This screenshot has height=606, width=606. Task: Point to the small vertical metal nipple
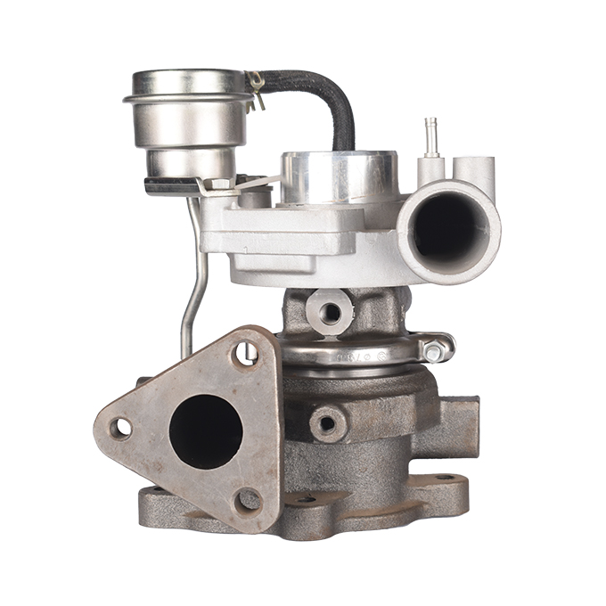pos(431,135)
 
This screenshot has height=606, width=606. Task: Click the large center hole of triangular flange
pos(206,430)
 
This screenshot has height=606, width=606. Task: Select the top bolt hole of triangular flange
pos(245,354)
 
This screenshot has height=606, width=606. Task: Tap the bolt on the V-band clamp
pos(434,353)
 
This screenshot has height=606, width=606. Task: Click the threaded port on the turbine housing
pos(327,423)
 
